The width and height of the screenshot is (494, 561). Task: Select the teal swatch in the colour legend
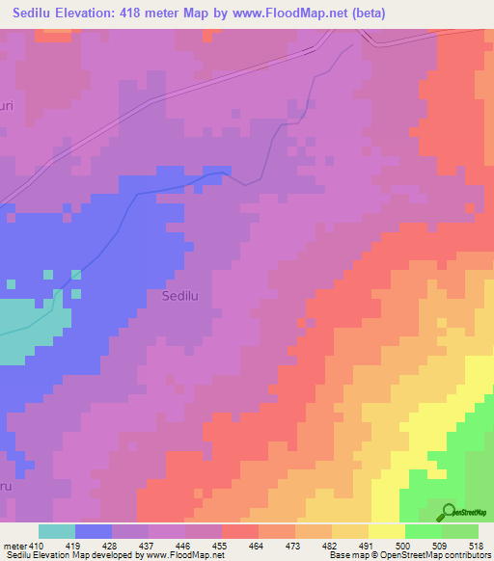click(57, 531)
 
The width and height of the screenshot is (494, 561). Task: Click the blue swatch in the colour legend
click(94, 531)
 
